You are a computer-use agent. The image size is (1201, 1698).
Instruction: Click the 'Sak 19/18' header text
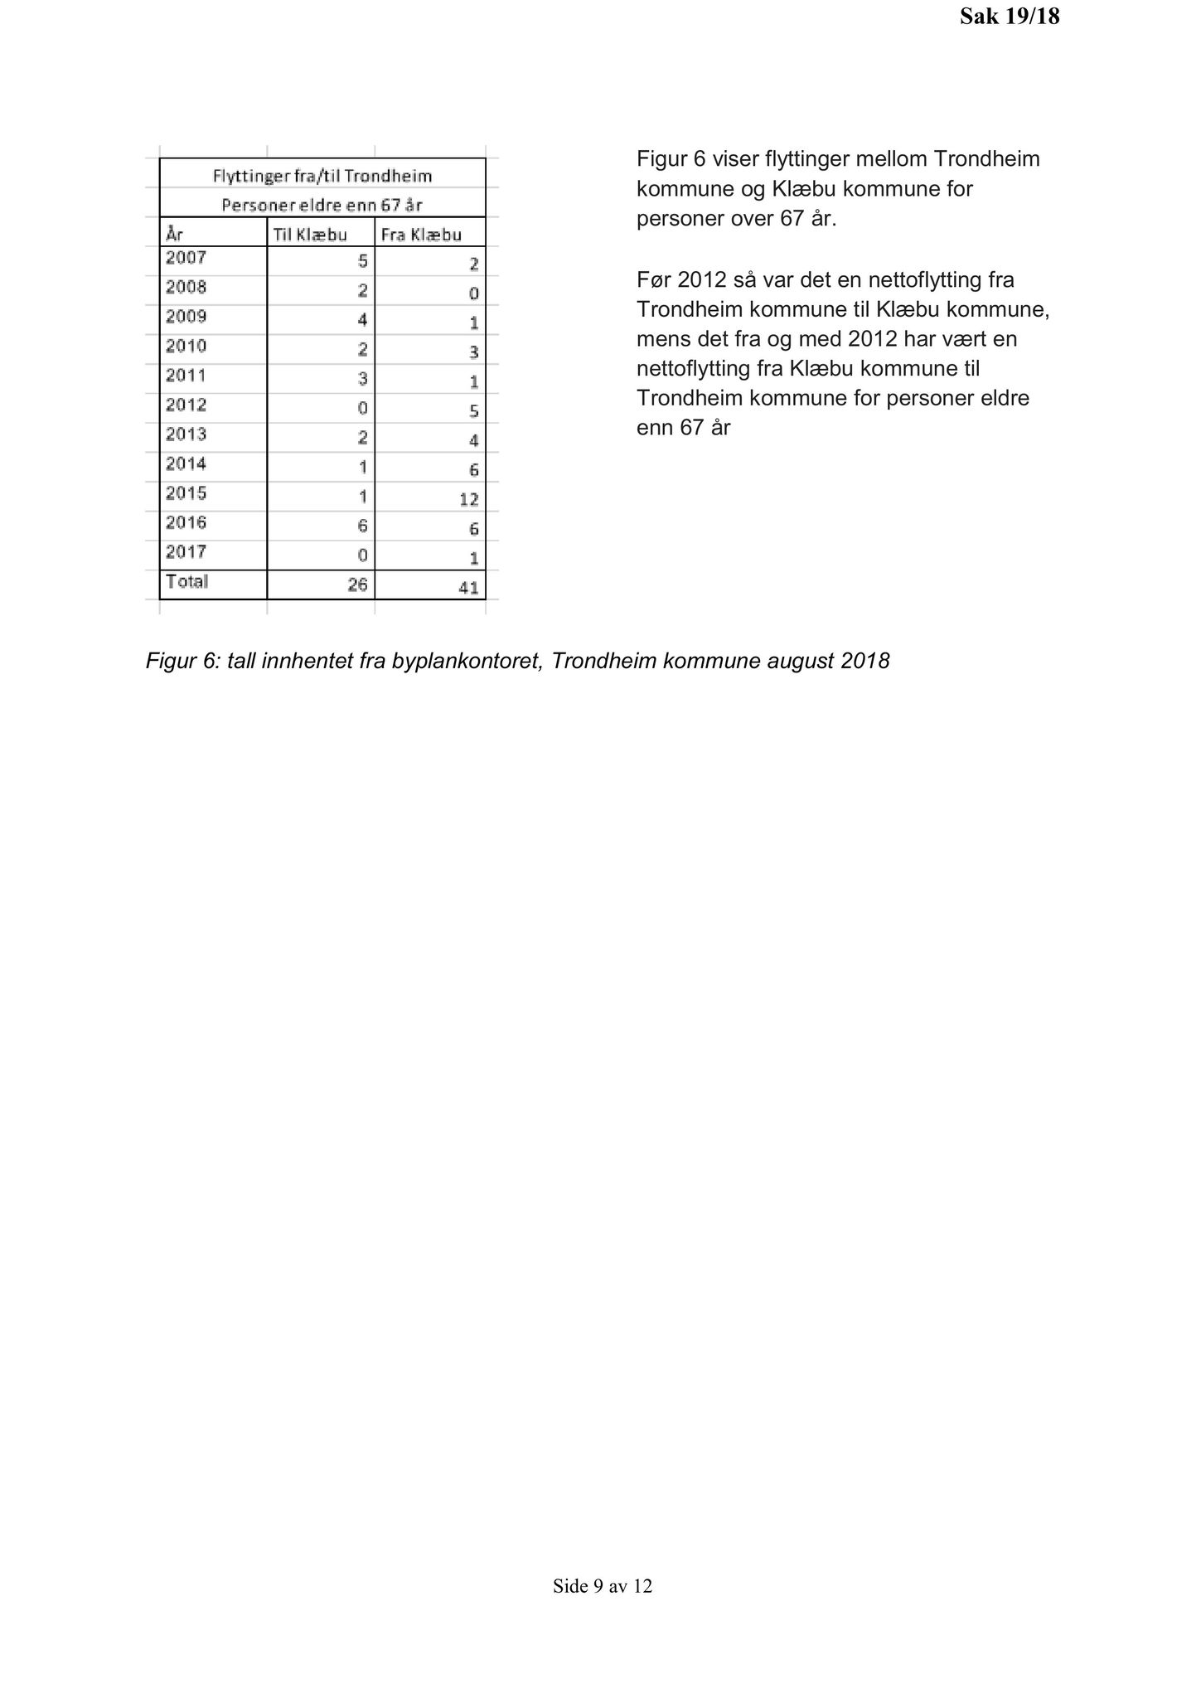(x=1009, y=17)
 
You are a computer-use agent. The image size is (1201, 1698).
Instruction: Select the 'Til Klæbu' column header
(x=309, y=235)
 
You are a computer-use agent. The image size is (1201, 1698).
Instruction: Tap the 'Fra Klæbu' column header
(x=420, y=235)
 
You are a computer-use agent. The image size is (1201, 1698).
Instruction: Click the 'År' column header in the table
(x=174, y=235)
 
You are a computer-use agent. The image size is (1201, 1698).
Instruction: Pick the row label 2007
(x=186, y=258)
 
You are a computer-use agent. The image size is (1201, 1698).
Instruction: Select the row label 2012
(x=186, y=405)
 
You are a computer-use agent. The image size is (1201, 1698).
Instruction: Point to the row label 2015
(x=186, y=494)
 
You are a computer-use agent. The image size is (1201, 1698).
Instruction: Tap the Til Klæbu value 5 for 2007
(x=362, y=261)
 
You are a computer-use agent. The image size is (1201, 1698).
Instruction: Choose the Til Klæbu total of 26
(x=357, y=585)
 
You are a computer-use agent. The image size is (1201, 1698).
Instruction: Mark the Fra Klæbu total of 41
(x=468, y=589)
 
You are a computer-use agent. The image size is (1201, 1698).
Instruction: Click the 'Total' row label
(x=186, y=582)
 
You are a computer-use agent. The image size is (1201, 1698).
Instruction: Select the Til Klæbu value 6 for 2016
(x=362, y=526)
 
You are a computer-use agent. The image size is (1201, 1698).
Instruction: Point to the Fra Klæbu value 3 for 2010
(x=473, y=352)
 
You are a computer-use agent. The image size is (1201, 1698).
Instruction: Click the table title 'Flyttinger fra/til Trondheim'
(x=322, y=177)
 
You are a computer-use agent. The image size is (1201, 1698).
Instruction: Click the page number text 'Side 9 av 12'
(x=603, y=1587)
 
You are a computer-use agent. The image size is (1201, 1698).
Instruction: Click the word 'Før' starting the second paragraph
(x=654, y=279)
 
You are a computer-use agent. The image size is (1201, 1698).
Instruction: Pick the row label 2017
(x=186, y=552)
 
